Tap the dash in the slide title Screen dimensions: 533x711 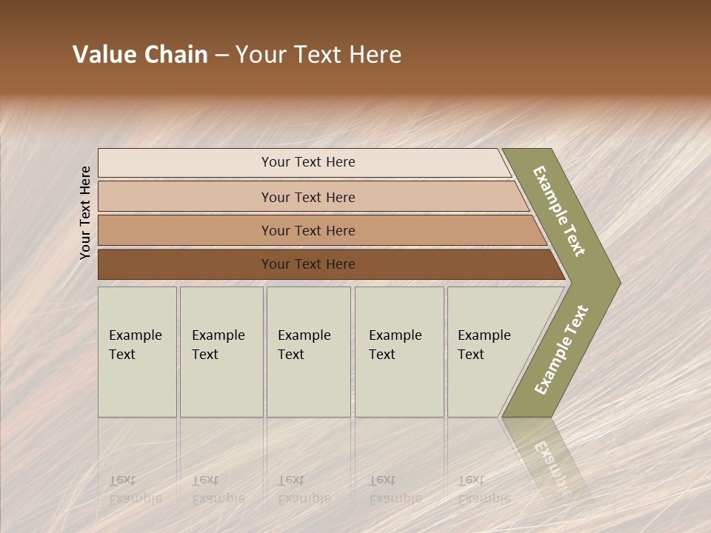[221, 56]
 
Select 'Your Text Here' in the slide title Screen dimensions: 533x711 [318, 55]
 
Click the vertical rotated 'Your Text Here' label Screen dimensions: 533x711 [85, 212]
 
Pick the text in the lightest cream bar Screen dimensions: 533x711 [308, 162]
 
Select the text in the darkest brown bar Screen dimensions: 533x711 [308, 264]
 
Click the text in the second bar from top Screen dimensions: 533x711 [308, 198]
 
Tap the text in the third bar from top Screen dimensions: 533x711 [308, 231]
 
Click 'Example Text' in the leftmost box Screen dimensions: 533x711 [135, 345]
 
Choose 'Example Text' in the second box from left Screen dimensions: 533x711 [218, 345]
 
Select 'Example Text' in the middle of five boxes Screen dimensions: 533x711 [304, 345]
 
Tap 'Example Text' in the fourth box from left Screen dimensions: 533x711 [395, 345]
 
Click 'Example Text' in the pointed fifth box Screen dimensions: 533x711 [484, 345]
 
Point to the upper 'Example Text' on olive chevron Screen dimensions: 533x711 [559, 211]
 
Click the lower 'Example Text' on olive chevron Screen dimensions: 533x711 [561, 350]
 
